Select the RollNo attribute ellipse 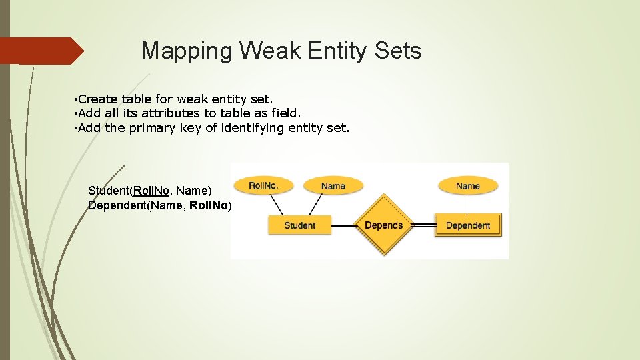pos(263,185)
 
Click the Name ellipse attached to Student pos(333,186)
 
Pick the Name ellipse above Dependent pos(467,186)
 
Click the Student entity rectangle pos(299,225)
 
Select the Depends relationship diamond pos(383,225)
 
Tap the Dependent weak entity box pos(467,225)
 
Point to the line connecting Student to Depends pos(343,226)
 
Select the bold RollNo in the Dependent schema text pos(209,205)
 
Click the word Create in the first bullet pos(98,100)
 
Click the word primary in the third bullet pos(153,127)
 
